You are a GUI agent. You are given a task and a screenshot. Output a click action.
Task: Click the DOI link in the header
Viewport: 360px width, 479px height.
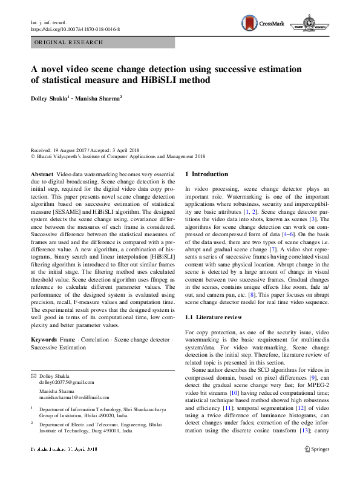click(75, 28)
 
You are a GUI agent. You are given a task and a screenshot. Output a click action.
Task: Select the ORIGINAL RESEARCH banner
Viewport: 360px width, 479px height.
click(69, 42)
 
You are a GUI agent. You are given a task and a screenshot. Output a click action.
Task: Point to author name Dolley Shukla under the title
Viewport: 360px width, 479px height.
click(50, 97)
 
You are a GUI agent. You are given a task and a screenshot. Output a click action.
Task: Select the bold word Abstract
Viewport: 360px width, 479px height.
click(42, 174)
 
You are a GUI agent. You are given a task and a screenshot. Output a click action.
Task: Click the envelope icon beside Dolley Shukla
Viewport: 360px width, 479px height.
click(33, 376)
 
